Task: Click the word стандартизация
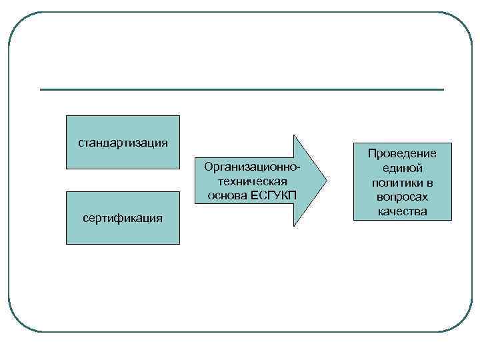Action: [123, 143]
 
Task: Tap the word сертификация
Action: [123, 218]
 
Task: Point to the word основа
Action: [227, 195]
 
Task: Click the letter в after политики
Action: [430, 183]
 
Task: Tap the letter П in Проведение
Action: [371, 153]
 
